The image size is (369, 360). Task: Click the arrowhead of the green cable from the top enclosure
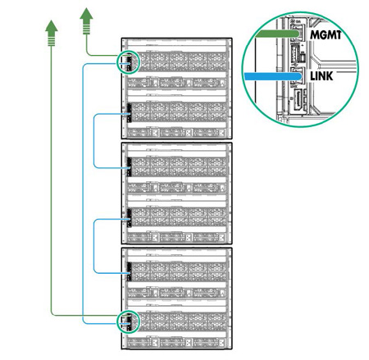pos(85,14)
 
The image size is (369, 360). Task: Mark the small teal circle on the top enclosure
pos(128,62)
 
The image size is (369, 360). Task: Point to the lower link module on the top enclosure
pos(127,116)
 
